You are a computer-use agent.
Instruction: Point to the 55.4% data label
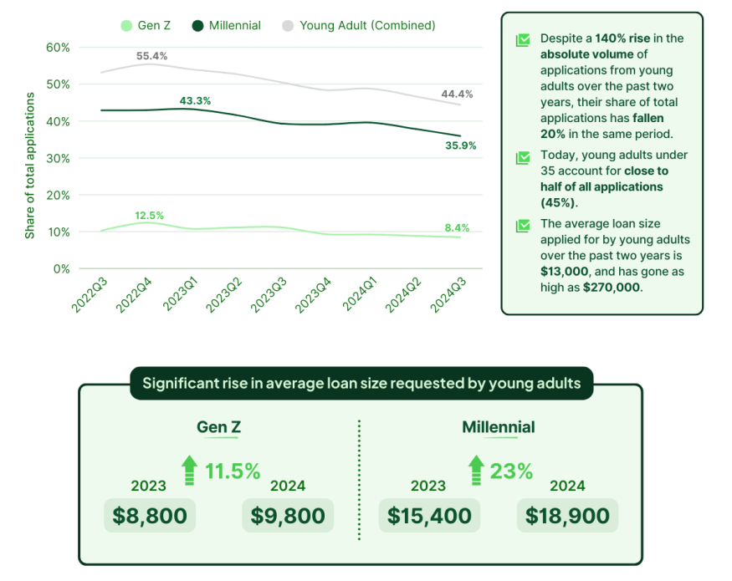151,56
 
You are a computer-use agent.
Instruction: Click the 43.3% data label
195,101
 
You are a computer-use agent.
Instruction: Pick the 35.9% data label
460,145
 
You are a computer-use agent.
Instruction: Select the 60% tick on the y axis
56,47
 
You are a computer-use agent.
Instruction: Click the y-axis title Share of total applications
30,166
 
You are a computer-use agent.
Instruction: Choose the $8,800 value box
150,516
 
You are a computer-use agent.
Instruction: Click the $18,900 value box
567,516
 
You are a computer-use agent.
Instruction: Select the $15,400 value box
429,516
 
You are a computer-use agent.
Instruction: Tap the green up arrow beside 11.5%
190,470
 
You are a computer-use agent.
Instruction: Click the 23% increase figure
511,471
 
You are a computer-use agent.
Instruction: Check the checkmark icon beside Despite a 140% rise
523,39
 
